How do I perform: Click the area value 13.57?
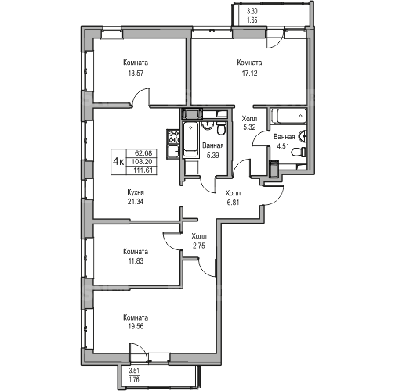[x=136, y=74]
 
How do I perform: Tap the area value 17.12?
[x=249, y=74]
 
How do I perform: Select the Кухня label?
[x=136, y=192]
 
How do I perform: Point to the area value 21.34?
[x=136, y=202]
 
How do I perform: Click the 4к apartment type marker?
[x=118, y=162]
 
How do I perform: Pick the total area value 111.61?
[x=142, y=170]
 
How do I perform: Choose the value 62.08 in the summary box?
[x=142, y=152]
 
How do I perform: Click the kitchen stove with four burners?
[x=173, y=137]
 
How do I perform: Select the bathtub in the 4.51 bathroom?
[x=288, y=116]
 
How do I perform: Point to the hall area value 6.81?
[x=233, y=203]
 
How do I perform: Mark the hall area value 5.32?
[x=249, y=127]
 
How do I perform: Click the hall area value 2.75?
[x=199, y=246]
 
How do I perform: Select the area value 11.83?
[x=136, y=260]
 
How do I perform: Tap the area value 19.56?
[x=136, y=326]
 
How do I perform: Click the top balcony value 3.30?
[x=252, y=12]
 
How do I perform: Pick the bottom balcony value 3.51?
[x=134, y=371]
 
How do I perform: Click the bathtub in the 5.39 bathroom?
[x=190, y=139]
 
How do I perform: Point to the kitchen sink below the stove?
[x=173, y=152]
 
